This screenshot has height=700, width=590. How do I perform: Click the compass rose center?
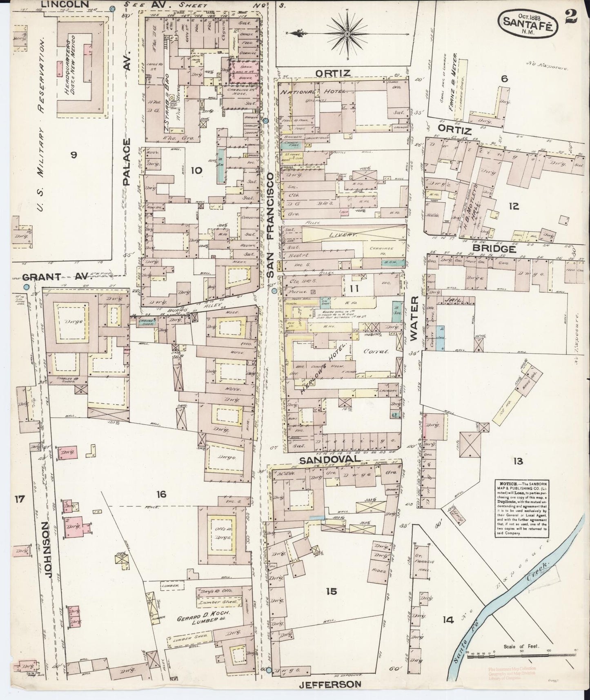tap(347, 33)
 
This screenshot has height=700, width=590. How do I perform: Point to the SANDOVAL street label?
tap(330, 459)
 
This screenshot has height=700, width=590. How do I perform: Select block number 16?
tap(161, 495)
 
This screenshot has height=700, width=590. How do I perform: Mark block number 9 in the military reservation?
tap(73, 154)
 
